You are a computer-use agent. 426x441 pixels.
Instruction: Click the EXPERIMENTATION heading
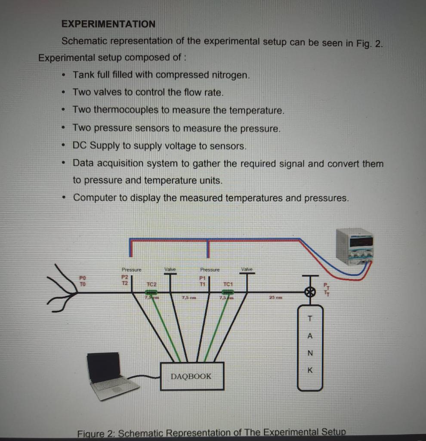click(108, 24)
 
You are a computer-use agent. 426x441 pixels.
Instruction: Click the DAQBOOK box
click(192, 376)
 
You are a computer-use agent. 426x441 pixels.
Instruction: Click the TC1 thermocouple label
click(228, 284)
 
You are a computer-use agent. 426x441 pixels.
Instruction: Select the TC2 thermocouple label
click(151, 284)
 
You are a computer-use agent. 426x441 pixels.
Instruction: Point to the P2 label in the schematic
click(125, 277)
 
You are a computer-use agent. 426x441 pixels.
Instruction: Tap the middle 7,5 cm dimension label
click(189, 297)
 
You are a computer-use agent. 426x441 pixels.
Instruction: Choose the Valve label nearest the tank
click(247, 269)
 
